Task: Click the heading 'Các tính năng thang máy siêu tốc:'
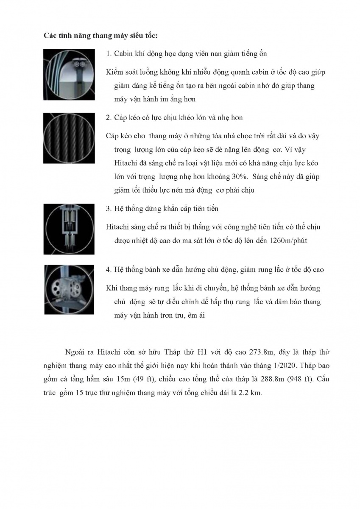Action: (100, 35)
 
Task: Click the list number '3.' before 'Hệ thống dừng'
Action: (108, 209)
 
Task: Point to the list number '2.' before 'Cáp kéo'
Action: (108, 117)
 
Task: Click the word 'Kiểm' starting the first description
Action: (114, 73)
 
